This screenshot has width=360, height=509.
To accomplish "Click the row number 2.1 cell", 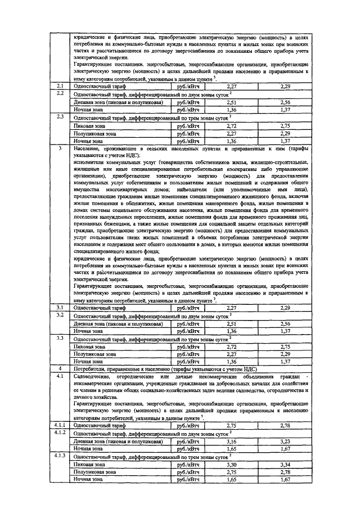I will coord(61,86).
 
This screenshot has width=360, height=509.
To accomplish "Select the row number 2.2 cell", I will coord(61,93).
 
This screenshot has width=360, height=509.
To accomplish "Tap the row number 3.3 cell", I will coord(61,337).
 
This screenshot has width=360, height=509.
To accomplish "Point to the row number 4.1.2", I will coord(61,434).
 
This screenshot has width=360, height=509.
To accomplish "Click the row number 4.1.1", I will coord(61,427).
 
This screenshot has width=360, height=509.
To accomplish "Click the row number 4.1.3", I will coord(61,456).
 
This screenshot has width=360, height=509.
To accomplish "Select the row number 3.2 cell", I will coord(61,316).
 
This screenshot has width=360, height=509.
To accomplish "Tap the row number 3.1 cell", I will coord(61,308).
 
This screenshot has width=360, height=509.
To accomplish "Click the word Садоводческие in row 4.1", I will coord(90,375).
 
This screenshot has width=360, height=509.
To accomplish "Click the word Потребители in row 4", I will coord(88,368).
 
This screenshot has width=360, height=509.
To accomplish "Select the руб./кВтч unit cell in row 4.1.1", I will coord(188,427).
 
